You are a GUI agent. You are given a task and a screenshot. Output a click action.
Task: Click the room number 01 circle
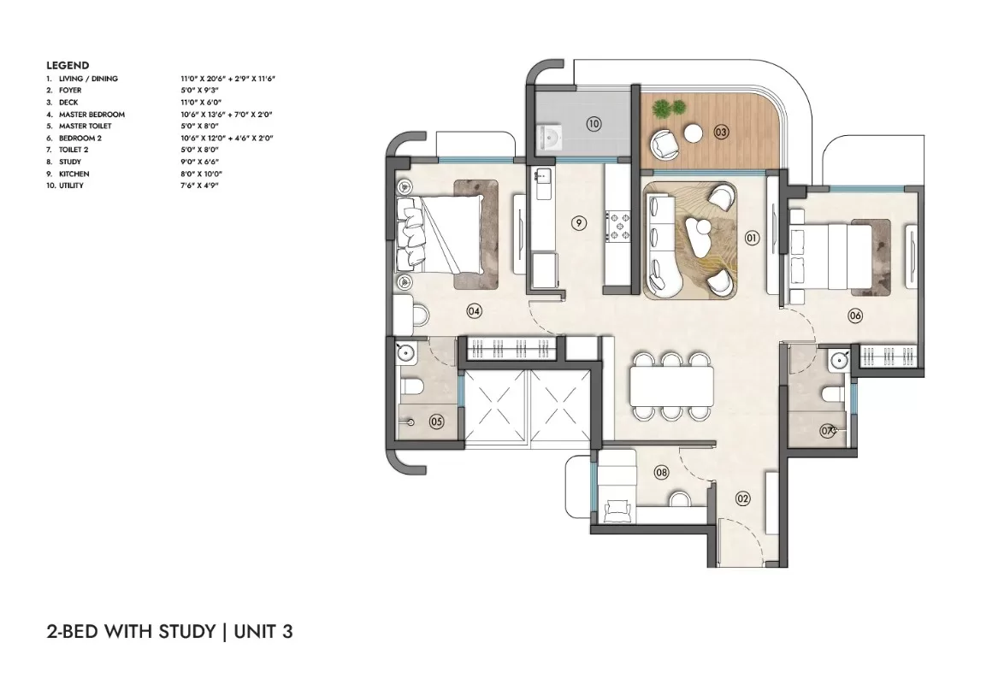pyautogui.click(x=752, y=238)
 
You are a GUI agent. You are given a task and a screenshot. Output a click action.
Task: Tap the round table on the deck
pyautogui.click(x=694, y=133)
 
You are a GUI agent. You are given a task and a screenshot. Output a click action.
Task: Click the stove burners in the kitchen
pyautogui.click(x=618, y=227)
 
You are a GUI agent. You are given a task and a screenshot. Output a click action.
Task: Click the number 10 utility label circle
pyautogui.click(x=594, y=123)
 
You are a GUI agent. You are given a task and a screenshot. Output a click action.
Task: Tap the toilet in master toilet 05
pyautogui.click(x=410, y=386)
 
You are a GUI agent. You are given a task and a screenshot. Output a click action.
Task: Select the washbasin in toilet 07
pyautogui.click(x=838, y=362)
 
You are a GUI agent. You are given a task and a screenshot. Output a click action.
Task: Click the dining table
pyautogui.click(x=671, y=386)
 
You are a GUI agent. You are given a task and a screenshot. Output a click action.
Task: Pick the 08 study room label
pyautogui.click(x=661, y=472)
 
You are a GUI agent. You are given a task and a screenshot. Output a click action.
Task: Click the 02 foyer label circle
pyautogui.click(x=743, y=498)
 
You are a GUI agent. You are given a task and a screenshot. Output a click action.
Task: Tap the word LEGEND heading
pyautogui.click(x=68, y=65)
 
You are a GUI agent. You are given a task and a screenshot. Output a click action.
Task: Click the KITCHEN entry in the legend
pyautogui.click(x=74, y=174)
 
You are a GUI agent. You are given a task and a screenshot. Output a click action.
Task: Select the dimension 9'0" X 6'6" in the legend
pyautogui.click(x=200, y=162)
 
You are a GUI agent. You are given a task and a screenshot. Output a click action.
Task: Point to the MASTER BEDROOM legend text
pyautogui.click(x=92, y=115)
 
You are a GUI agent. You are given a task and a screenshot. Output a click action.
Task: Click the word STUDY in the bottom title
pyautogui.click(x=186, y=632)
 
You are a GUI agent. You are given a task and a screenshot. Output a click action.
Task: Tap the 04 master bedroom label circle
pyautogui.click(x=474, y=312)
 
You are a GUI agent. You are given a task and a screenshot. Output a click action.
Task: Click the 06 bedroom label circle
pyautogui.click(x=855, y=316)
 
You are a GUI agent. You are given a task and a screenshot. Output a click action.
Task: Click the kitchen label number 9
pyautogui.click(x=578, y=223)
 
